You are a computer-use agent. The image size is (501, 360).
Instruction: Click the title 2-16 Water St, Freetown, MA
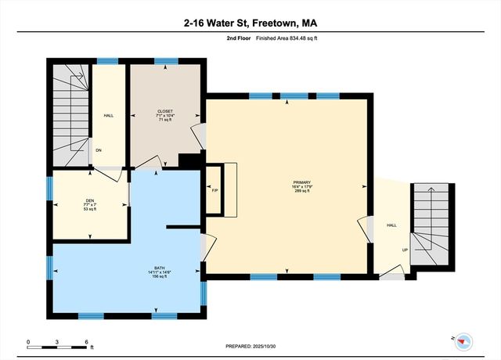coord(250,24)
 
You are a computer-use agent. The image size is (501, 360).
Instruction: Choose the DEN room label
coord(90,200)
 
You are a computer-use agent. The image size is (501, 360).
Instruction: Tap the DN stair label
coord(99,150)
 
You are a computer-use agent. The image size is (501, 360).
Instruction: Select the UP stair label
coord(405,250)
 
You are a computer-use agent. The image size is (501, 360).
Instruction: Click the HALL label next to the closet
coord(109,116)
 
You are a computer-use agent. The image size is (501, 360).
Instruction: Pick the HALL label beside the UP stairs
coord(391,225)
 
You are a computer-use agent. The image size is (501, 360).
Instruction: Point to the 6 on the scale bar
coord(87,342)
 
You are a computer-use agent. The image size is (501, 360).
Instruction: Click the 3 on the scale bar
coord(58,342)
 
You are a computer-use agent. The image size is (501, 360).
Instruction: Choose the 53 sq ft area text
coord(90,210)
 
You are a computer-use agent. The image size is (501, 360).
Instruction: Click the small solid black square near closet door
coord(186,160)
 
